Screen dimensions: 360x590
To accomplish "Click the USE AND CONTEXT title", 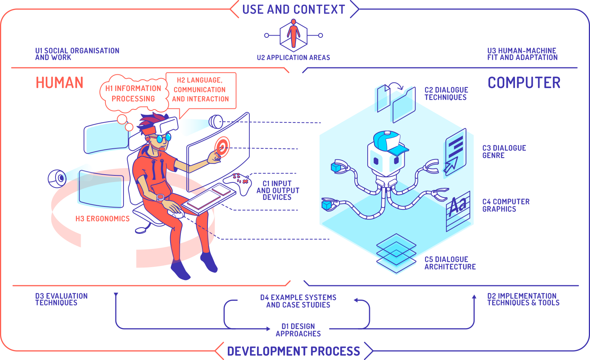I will coord(294,9).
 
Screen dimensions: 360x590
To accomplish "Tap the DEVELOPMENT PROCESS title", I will coord(293,351).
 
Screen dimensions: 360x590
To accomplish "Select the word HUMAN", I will coord(60,83).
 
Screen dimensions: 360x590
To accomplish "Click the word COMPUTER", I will coord(524,83).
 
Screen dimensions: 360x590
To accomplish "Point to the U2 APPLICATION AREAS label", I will coord(293,58).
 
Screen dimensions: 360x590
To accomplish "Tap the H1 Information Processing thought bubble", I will coord(133,94).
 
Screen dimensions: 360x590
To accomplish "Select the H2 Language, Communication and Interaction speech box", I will coord(200,90).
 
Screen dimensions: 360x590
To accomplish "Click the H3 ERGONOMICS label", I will coord(102,219).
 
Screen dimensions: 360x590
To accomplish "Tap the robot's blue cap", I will coord(389,141).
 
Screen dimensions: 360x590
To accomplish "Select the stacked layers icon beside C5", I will coord(396,253).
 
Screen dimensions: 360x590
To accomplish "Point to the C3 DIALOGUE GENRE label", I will coord(504,152).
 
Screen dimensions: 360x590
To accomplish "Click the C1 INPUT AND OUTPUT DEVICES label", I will coord(277,190).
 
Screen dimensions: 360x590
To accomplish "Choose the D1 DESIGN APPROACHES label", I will coord(298,330).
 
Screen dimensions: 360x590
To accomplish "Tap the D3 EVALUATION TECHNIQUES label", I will coord(61,299).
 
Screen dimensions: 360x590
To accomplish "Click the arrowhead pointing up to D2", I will coord(474,296).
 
